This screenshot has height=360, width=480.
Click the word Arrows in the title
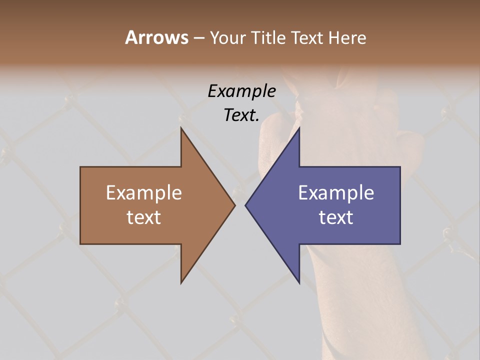tap(156, 37)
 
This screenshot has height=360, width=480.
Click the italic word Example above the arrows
tap(241, 91)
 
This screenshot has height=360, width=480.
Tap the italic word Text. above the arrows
tap(241, 115)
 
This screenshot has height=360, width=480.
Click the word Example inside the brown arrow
tap(144, 192)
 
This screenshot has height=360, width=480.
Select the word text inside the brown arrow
tap(144, 217)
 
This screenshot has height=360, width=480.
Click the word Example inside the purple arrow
tap(336, 192)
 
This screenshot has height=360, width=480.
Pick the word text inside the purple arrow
tap(336, 217)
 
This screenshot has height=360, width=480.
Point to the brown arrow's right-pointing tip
tap(234, 205)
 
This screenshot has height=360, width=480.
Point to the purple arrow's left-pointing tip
tap(245, 205)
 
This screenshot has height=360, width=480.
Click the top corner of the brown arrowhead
tap(181, 128)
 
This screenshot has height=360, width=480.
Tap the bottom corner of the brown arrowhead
tap(181, 283)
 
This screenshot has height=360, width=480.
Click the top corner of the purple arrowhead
tap(299, 128)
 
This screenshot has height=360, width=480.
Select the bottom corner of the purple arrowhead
tap(299, 283)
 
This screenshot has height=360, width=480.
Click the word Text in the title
tap(307, 37)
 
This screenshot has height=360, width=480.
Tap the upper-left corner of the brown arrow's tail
tap(80, 167)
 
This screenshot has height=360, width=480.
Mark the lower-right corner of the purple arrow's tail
tap(400, 243)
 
